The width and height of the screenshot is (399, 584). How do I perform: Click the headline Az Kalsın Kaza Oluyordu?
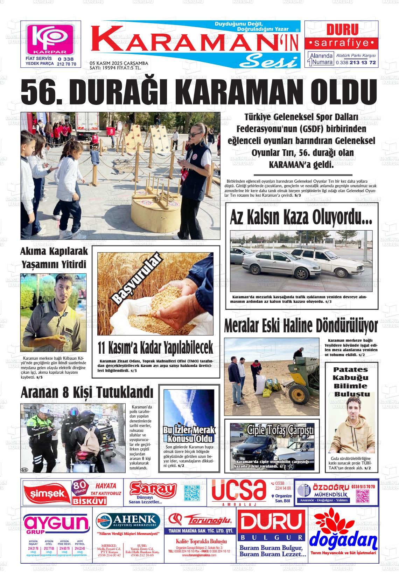tap(301, 217)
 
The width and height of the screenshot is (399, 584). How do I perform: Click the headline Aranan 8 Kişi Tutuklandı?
tap(87, 392)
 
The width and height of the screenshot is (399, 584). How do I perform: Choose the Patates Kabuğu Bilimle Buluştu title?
tap(350, 382)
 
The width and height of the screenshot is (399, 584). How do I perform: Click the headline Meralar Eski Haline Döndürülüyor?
tap(301, 326)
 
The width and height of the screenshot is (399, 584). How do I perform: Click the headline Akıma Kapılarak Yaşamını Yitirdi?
tap(54, 258)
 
